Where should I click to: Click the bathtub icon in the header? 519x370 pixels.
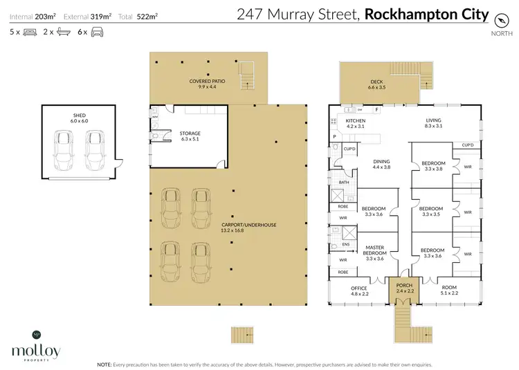(x=63, y=32)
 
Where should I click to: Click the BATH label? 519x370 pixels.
(x=343, y=183)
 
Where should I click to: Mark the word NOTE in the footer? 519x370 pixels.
(x=105, y=364)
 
